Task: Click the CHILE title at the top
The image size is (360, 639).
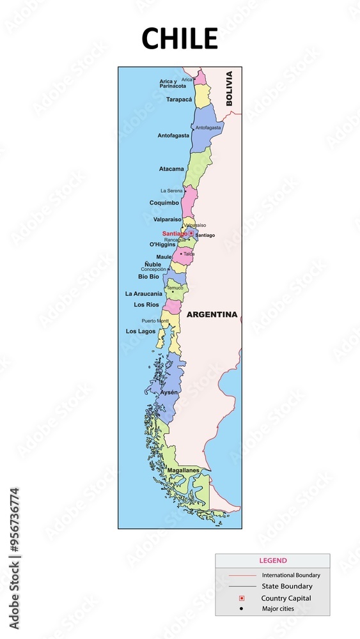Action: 180,39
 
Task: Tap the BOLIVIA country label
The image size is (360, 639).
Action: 229,88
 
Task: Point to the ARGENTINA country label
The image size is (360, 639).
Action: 212,314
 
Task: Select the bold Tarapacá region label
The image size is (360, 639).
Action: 179,100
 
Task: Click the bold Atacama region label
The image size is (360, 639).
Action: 171,169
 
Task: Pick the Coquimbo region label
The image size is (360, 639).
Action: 164,203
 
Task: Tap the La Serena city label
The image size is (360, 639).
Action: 171,190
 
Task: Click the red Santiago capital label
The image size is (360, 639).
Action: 175,234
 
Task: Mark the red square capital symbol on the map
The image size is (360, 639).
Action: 191,233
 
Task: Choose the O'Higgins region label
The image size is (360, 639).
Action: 162,244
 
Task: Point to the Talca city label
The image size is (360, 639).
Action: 189,254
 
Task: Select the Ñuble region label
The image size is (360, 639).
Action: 153,264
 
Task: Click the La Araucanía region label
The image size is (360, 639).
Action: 144,293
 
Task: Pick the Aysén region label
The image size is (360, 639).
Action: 169,392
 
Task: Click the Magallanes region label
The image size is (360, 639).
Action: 184,471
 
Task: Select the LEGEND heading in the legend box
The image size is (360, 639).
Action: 273,560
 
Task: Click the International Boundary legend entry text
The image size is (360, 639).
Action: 291,575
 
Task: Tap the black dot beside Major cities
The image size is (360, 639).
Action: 241,608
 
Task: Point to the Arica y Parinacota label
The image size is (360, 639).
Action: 173,84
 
